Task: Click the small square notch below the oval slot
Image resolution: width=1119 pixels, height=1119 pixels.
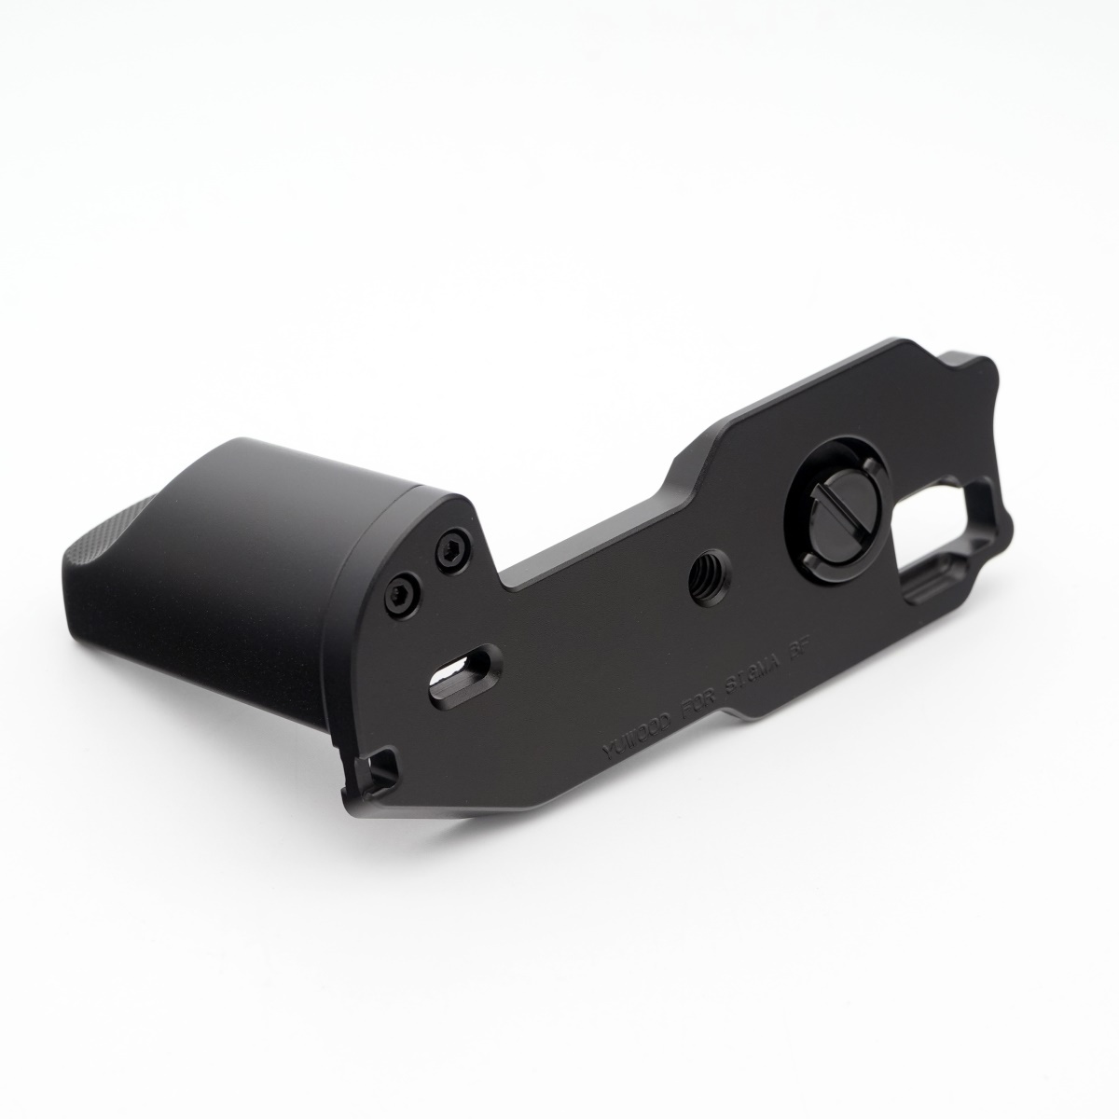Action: tap(381, 770)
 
